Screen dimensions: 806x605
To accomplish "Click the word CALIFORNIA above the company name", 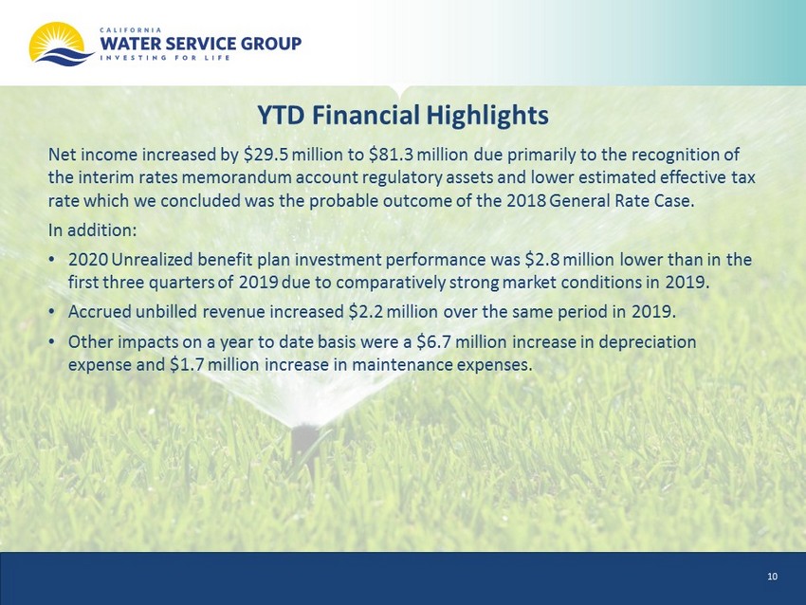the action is tap(131, 30).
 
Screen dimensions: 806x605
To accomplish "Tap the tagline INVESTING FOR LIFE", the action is tap(165, 58).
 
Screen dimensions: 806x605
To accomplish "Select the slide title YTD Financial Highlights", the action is tap(403, 115).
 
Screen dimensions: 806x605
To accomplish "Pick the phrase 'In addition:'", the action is tap(93, 229).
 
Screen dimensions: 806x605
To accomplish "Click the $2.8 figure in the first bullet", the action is tap(542, 260).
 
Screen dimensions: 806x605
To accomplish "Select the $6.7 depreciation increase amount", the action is tap(433, 341).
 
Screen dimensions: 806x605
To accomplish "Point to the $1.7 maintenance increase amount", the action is tap(188, 365).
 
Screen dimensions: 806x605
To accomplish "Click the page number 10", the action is tap(772, 577).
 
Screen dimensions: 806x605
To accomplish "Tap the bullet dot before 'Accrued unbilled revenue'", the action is tap(51, 312).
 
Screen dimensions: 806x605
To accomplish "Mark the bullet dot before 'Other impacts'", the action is tap(51, 342).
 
